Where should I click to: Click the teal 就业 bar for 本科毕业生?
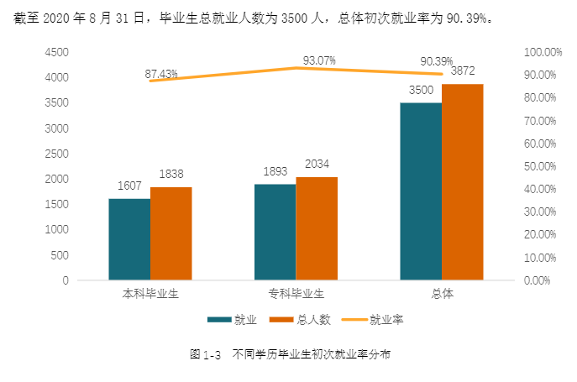(129, 239)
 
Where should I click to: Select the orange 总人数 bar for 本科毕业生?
(171, 233)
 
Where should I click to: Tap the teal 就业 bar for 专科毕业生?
(275, 232)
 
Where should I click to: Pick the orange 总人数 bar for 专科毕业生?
(317, 228)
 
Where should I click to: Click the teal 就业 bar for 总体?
(421, 191)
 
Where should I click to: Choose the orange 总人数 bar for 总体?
(463, 182)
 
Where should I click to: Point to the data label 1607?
(129, 186)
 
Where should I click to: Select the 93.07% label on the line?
(319, 60)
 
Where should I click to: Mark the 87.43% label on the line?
(161, 74)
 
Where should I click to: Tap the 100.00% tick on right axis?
(543, 52)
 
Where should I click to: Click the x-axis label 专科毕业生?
(296, 294)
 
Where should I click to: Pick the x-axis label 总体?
(442, 294)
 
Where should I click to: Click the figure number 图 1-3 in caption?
(205, 355)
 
